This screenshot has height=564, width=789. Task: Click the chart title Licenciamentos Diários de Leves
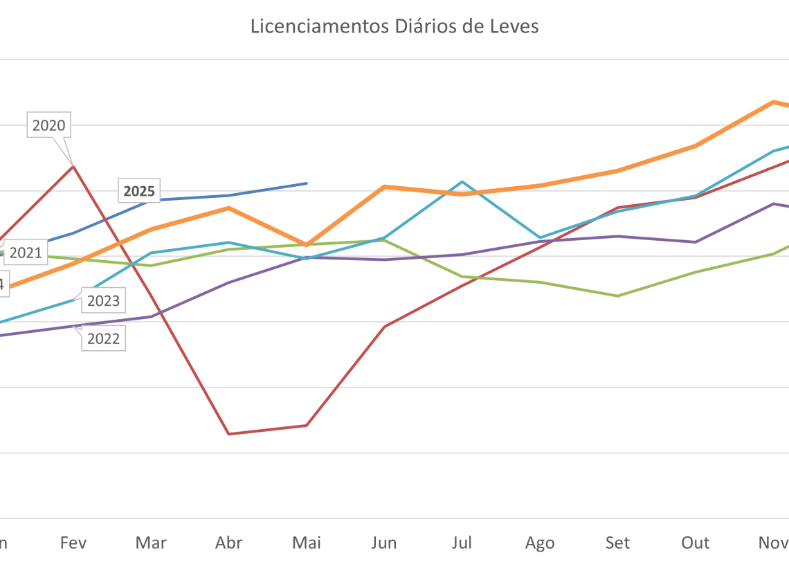(x=394, y=26)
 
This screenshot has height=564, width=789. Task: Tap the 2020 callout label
(x=48, y=126)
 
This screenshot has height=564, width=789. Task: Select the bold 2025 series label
(x=139, y=191)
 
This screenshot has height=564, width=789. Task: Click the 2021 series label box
(x=26, y=253)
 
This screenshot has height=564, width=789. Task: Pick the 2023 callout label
(x=103, y=301)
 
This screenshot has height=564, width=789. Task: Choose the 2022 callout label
(x=103, y=339)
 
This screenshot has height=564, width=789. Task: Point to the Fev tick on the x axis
(x=73, y=543)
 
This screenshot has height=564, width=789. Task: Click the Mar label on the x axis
(x=151, y=543)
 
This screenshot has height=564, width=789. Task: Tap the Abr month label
(x=229, y=543)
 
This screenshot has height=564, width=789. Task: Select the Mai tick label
(x=307, y=543)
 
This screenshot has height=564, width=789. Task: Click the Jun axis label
(x=384, y=543)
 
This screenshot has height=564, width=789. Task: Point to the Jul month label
(x=462, y=543)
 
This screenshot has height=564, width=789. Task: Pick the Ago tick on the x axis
(x=540, y=543)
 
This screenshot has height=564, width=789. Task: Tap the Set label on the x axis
(x=617, y=543)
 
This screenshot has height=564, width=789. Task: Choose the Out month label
(x=696, y=543)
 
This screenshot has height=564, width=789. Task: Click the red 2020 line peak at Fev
(x=73, y=166)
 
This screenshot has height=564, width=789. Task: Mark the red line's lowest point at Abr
(x=228, y=434)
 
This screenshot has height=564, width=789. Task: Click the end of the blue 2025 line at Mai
(x=307, y=183)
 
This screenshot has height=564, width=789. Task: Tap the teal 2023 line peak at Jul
(x=462, y=182)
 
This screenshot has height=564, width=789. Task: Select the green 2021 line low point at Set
(x=617, y=295)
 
